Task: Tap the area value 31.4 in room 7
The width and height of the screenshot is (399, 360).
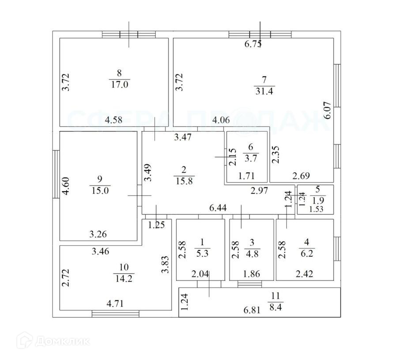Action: click(x=264, y=91)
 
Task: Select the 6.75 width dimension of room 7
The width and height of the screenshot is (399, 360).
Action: click(x=253, y=44)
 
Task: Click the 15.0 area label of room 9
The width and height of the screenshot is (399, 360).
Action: click(x=99, y=190)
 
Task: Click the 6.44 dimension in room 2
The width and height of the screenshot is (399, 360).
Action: click(x=218, y=208)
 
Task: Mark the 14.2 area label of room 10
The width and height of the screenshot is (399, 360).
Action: click(x=123, y=278)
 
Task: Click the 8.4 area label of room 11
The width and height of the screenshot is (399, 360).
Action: click(x=276, y=304)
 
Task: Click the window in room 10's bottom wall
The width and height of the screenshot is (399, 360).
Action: click(x=116, y=314)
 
